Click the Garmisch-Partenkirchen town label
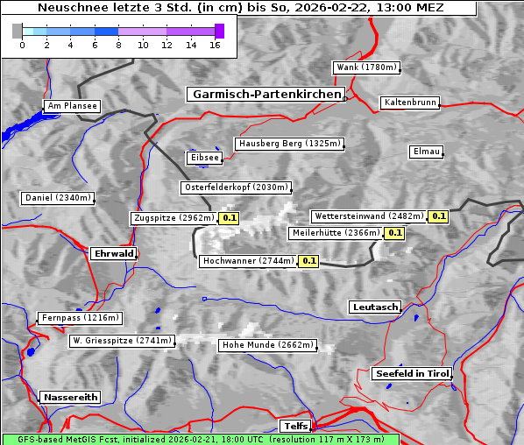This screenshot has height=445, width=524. pyautogui.click(x=265, y=95)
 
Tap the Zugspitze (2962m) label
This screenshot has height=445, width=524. pyautogui.click(x=173, y=218)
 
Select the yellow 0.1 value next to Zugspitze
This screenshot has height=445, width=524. pyautogui.click(x=230, y=218)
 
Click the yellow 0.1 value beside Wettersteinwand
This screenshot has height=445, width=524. pyautogui.click(x=439, y=216)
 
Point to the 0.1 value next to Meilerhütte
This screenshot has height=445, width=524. pyautogui.click(x=394, y=233)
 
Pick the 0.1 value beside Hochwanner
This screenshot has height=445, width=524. pyautogui.click(x=308, y=261)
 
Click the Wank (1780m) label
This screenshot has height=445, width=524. pyautogui.click(x=366, y=67)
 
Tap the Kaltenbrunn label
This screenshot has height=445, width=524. pyautogui.click(x=409, y=102)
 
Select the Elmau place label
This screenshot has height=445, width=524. pyautogui.click(x=426, y=152)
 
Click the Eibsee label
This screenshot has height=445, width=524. pyautogui.click(x=203, y=158)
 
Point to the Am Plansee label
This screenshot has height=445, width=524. pyautogui.click(x=71, y=106)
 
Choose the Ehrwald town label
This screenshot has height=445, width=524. pyautogui.click(x=113, y=254)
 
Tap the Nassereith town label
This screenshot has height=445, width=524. pyautogui.click(x=70, y=397)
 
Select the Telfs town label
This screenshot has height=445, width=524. pyautogui.click(x=294, y=427)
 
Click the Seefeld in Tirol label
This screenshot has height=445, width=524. pyautogui.click(x=412, y=373)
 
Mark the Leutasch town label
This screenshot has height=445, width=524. pyautogui.click(x=375, y=307)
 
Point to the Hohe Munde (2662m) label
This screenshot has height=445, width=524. pyautogui.click(x=267, y=345)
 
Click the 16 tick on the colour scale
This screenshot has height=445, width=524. pyautogui.click(x=215, y=45)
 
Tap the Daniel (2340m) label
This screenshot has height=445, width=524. pyautogui.click(x=57, y=198)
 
